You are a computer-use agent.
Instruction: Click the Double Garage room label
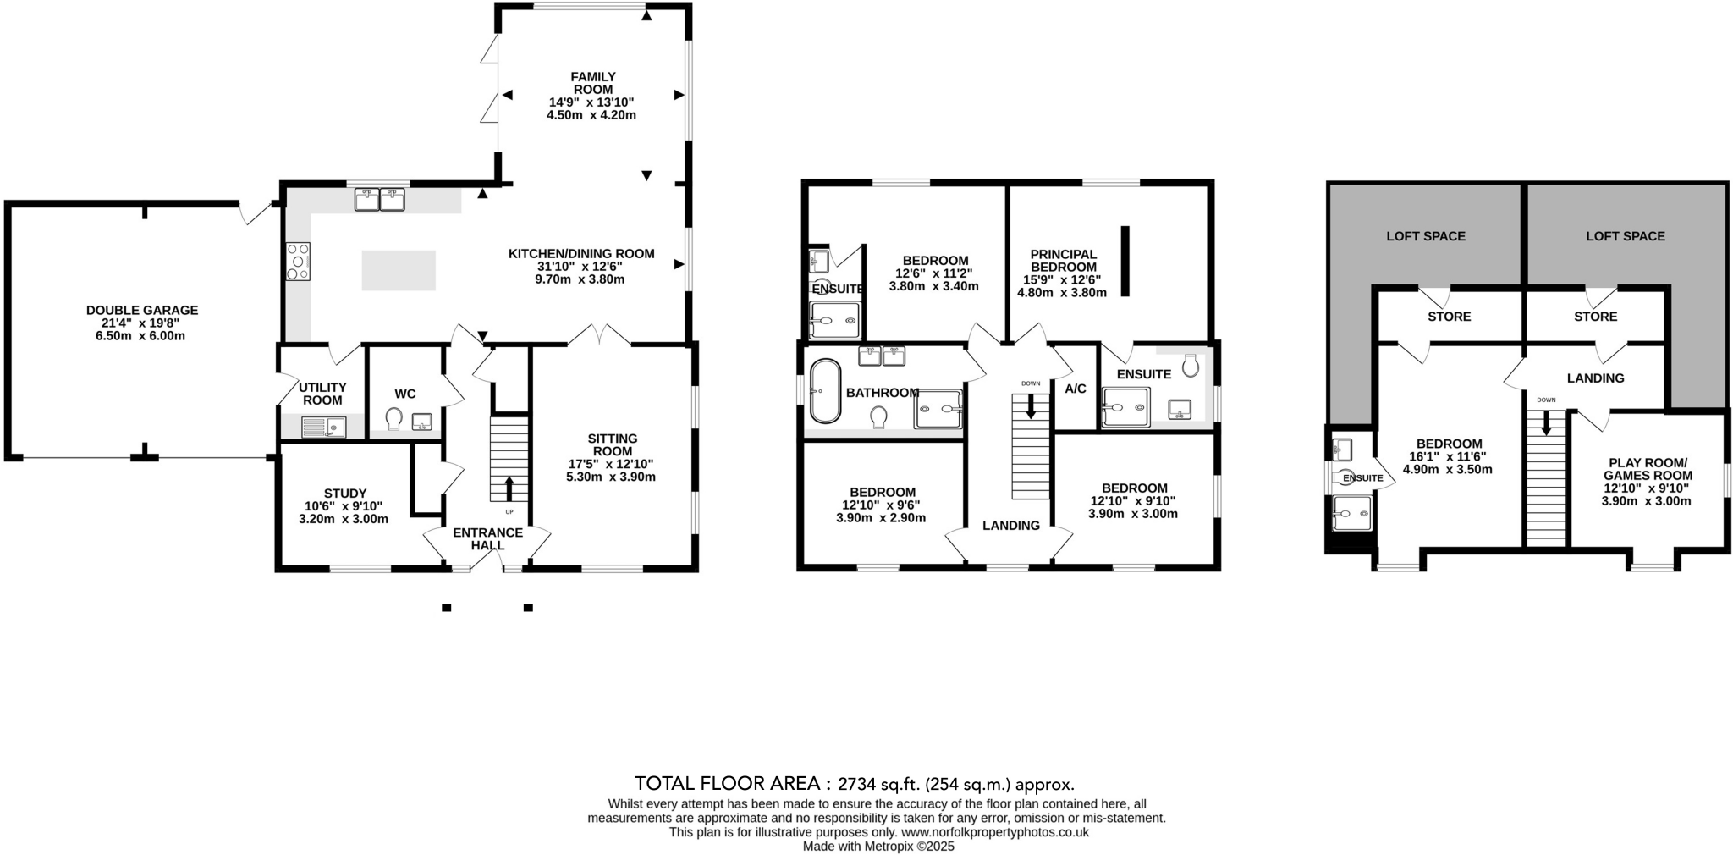click(x=141, y=311)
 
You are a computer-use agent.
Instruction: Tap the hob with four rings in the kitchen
click(x=299, y=261)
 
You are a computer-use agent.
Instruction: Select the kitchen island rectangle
click(x=399, y=270)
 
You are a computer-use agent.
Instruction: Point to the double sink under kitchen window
click(x=380, y=200)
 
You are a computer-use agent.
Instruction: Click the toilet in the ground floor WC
click(x=393, y=419)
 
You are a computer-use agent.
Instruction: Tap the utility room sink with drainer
click(x=323, y=427)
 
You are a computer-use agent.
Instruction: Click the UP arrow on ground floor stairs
click(x=509, y=488)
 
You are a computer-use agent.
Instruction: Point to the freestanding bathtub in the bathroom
click(x=825, y=391)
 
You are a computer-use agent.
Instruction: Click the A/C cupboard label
click(x=1076, y=389)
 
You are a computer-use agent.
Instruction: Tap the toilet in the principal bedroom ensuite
click(x=1191, y=365)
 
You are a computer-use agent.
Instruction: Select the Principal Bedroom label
click(x=1063, y=260)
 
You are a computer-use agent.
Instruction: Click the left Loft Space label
click(x=1425, y=236)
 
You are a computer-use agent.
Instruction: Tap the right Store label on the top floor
click(x=1595, y=317)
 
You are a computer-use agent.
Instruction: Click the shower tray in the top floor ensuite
click(x=1351, y=513)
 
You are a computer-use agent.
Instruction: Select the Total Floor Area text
click(x=854, y=783)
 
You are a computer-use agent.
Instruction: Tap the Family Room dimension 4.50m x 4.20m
click(x=591, y=115)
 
